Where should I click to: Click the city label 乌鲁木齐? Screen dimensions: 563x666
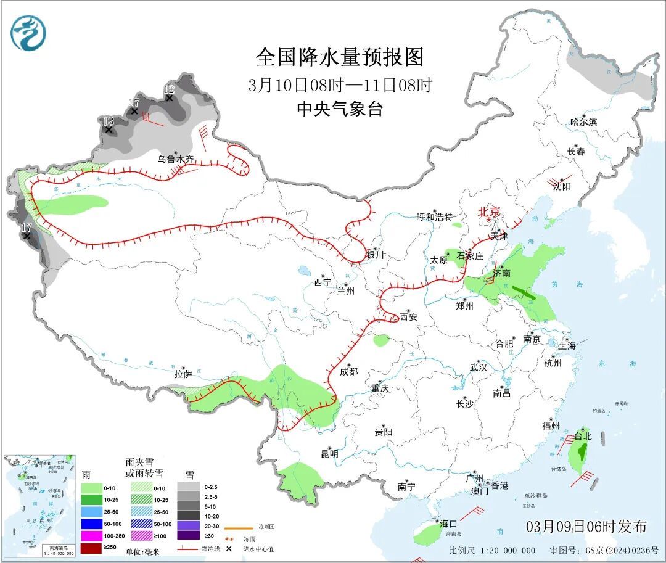click(x=175, y=159)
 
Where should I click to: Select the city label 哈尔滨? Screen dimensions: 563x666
click(x=583, y=122)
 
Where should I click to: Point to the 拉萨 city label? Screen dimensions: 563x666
click(x=183, y=374)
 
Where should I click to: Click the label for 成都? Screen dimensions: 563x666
click(x=348, y=371)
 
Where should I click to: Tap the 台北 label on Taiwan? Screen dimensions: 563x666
click(x=583, y=436)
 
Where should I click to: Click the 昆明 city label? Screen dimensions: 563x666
click(x=329, y=454)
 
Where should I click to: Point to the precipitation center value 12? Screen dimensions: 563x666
click(x=168, y=89)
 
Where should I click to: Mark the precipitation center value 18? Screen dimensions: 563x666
click(x=108, y=121)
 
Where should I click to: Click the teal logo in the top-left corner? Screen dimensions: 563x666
click(x=28, y=33)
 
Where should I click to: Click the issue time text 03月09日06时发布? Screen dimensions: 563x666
click(x=586, y=527)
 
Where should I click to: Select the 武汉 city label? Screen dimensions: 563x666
click(x=478, y=367)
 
